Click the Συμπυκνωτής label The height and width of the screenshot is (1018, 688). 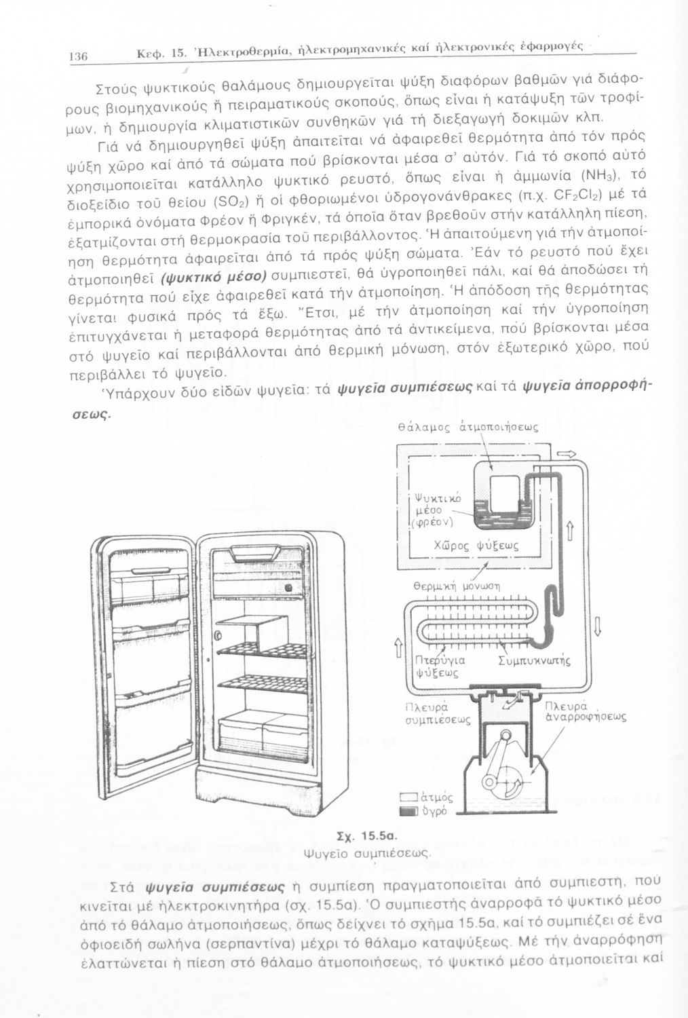(534, 660)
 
